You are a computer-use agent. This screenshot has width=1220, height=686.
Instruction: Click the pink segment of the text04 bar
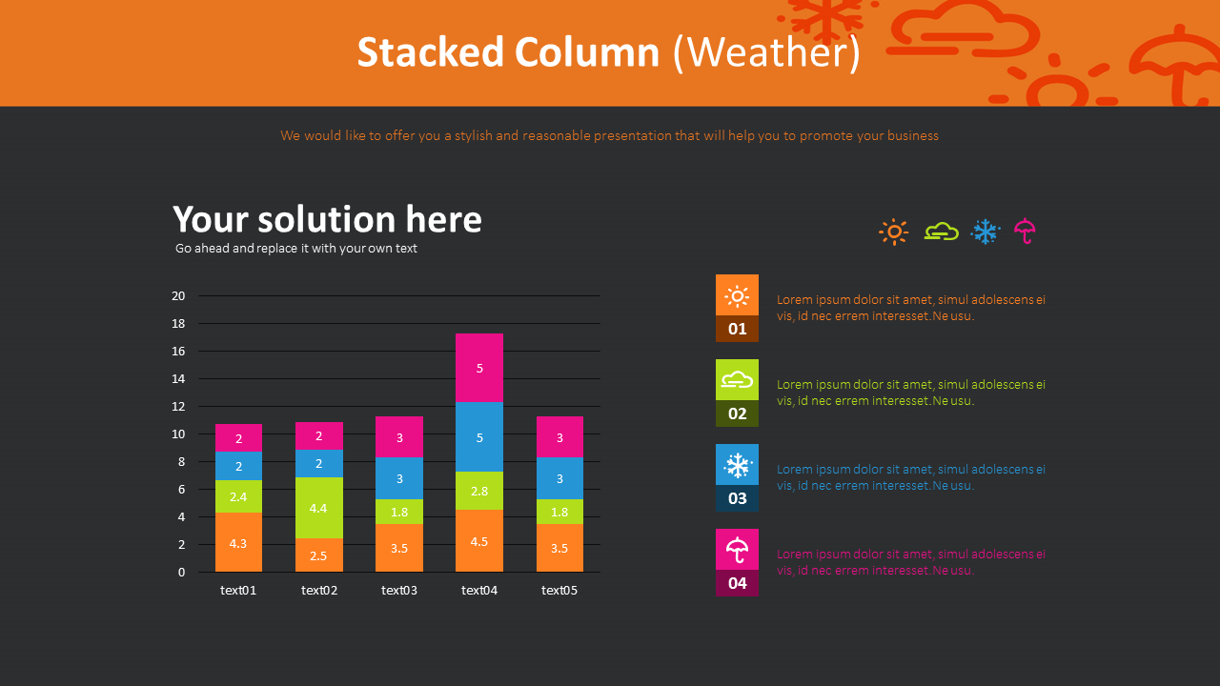(479, 368)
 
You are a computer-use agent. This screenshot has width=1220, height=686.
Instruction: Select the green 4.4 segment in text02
(319, 508)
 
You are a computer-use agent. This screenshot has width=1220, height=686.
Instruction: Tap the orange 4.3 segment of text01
(238, 542)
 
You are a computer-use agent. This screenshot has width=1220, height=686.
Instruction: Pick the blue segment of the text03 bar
(399, 478)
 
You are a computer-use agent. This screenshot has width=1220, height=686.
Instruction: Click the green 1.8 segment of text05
(559, 512)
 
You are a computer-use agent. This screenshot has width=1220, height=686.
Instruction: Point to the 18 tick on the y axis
(178, 324)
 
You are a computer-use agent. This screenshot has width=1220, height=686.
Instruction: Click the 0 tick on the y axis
(181, 573)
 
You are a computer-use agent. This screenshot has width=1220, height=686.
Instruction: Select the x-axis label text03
(399, 591)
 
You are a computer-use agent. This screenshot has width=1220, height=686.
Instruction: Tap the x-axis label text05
(559, 591)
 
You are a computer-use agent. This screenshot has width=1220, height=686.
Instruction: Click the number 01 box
(738, 329)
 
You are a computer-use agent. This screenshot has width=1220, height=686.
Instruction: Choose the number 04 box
(738, 583)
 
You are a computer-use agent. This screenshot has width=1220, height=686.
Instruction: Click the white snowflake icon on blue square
(738, 465)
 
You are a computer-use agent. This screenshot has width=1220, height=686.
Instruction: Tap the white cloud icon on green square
(738, 380)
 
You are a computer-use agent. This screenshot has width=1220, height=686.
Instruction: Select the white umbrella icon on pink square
(738, 550)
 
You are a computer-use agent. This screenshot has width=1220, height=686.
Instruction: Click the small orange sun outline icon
(893, 232)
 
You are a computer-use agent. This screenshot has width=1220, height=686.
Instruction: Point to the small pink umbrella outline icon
(1026, 232)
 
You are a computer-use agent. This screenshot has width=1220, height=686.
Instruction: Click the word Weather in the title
(766, 52)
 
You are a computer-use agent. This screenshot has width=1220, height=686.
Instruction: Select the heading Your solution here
(327, 219)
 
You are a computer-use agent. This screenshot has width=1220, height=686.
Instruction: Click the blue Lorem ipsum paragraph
(910, 477)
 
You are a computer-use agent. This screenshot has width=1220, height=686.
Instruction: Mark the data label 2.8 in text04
(479, 492)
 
